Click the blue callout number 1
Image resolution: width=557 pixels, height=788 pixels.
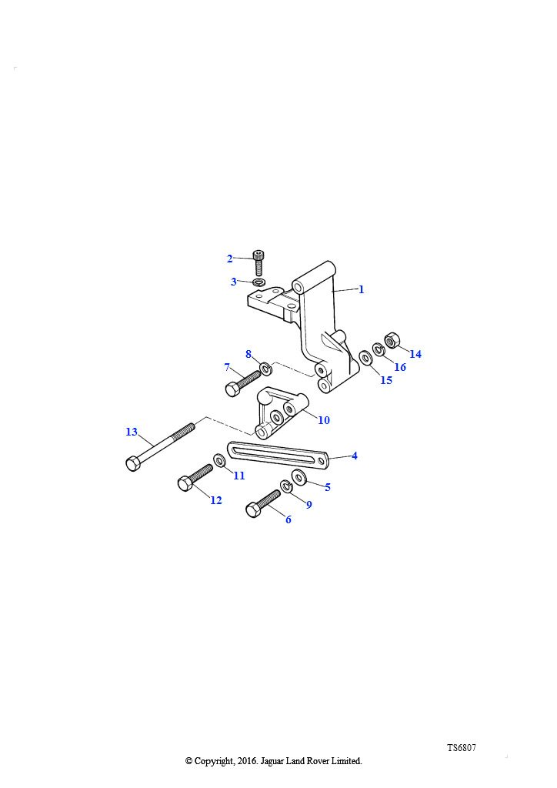[x=361, y=289]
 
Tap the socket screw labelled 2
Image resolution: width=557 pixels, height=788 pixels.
[x=258, y=263]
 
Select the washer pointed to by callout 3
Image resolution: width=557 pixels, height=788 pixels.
[x=259, y=282]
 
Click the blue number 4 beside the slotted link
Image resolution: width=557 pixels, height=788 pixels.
[x=355, y=456]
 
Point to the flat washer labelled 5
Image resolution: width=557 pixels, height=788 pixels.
[x=300, y=476]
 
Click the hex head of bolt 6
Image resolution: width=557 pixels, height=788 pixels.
[x=254, y=511]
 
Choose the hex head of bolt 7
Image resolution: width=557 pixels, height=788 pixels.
[x=233, y=389]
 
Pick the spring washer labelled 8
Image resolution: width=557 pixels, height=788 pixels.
[x=265, y=368]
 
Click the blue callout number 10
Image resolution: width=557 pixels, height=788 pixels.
[x=324, y=420]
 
